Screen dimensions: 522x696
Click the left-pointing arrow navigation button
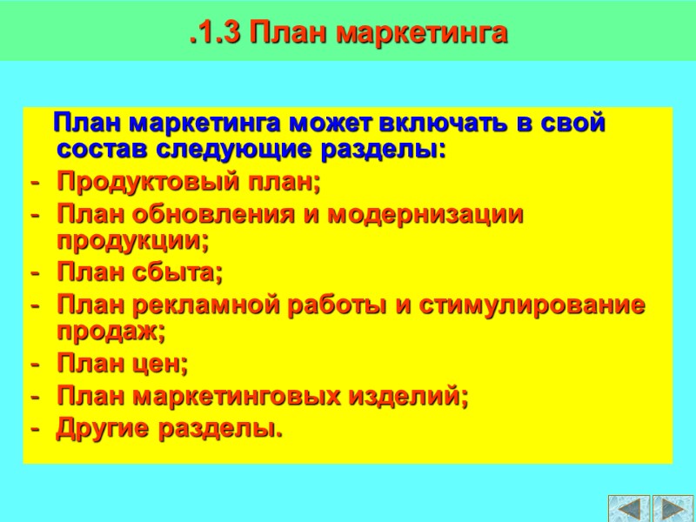629,508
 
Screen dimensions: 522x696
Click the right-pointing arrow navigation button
673,508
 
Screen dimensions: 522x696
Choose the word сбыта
177,274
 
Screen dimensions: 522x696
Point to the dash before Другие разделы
35,428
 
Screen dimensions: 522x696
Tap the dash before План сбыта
35,274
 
